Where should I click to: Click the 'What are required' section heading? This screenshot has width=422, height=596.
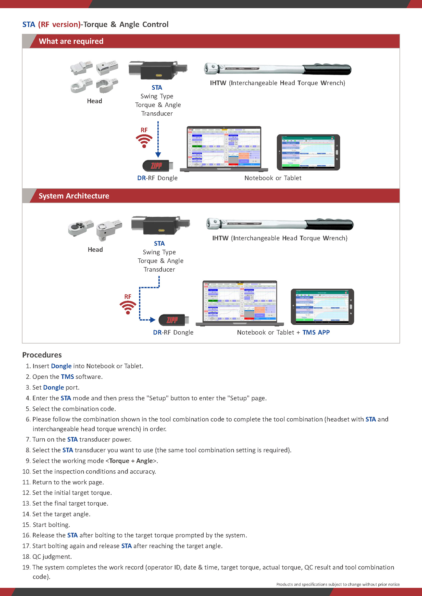pos(71,41)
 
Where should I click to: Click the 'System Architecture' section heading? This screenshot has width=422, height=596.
pos(74,196)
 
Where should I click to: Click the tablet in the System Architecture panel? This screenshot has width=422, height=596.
pos(322,307)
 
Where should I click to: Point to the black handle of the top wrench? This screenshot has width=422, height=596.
pos(327,69)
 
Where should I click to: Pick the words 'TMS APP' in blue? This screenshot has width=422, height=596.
pos(316,332)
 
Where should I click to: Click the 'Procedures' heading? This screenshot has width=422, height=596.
pos(42,355)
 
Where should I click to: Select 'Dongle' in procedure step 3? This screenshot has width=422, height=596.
pos(53,387)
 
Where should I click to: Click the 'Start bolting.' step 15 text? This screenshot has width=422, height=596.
pos(51,525)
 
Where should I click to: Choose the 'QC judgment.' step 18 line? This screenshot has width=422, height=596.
pos(52,557)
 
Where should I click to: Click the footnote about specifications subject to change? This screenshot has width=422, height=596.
pos(338,584)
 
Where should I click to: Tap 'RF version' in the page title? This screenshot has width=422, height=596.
pos(59,24)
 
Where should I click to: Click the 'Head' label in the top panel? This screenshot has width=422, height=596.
pos(95,101)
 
